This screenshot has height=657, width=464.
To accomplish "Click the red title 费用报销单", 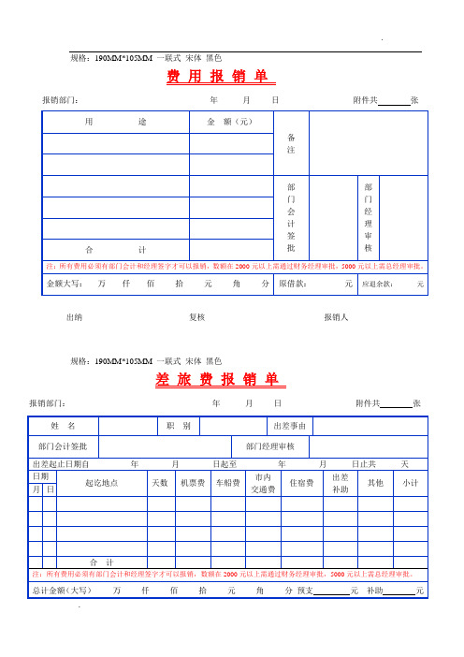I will coord(215,77).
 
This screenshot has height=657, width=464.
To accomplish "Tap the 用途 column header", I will coord(115,122).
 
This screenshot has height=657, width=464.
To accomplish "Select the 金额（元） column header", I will coord(230,122).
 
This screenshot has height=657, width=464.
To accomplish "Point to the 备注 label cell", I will coord(291,143).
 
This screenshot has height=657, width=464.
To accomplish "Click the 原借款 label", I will coord(297,284).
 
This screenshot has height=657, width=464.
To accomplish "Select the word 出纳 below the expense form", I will coord(73,317).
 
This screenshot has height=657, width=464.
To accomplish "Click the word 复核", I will coord(196,317).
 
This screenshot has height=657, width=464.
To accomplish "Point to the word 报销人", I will coord(335,317).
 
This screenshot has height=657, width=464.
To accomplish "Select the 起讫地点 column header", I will coord(101,483).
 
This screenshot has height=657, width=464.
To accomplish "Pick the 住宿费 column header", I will coord(301,483).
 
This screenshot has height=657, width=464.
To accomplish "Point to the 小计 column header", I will coord(411,483).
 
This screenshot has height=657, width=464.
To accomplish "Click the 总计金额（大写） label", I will coord(61,591).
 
